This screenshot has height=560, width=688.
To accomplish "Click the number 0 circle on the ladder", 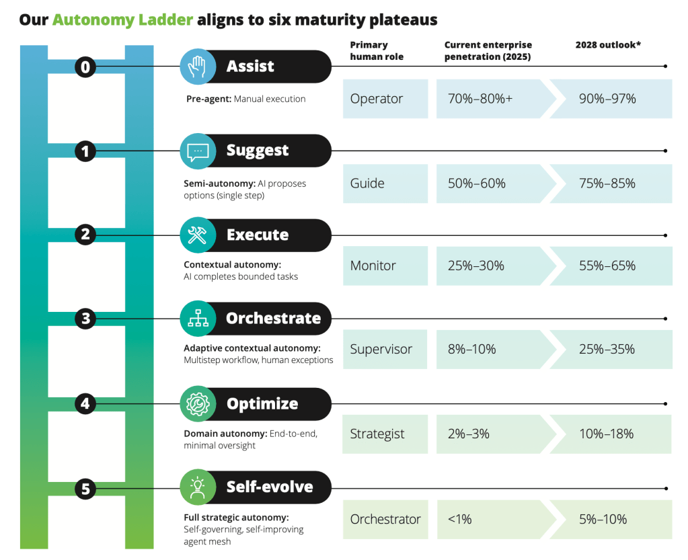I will pos(85,67).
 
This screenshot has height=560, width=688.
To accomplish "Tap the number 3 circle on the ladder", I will pos(85,319).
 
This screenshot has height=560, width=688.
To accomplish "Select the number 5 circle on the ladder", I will pos(85,489).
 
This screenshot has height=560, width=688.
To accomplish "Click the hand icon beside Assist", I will pos(198,67).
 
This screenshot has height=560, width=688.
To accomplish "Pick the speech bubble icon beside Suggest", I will pos(198,151).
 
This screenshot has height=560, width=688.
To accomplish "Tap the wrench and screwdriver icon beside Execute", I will pos(198,235).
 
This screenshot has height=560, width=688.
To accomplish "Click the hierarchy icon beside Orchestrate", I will pos(198,319).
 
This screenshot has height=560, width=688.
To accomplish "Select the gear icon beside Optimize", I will pos(198,404).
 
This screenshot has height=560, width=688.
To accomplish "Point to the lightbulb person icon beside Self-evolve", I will pos(198,487).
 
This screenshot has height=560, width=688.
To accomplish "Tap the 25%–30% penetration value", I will pos(476,266).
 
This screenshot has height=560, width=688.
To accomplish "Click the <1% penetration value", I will pos(459,519).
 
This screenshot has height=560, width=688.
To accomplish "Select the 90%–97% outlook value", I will pos(607,99).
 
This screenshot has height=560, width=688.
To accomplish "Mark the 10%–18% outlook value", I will pos(606,434).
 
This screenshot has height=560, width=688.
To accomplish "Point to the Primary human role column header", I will pos(377,50).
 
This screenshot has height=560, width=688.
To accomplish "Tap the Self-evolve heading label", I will pos(270,487).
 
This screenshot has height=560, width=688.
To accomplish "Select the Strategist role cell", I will pos(377,434).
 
